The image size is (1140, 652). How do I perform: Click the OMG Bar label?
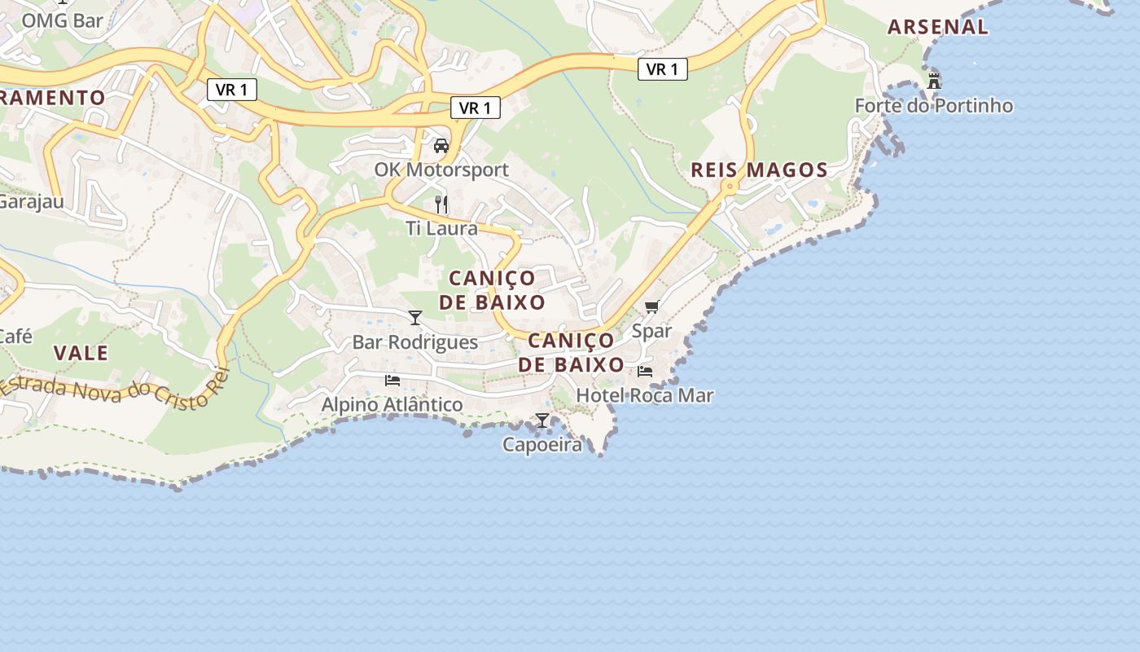(62, 20)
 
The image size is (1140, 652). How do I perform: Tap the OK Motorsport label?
(441, 170)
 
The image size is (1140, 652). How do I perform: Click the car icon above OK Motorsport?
(441, 146)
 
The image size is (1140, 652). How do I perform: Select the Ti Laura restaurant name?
(441, 228)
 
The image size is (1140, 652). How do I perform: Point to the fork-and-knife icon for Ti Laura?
(441, 204)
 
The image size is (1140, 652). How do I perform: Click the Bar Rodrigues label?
(415, 342)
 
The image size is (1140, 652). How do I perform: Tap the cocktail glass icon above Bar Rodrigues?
(415, 318)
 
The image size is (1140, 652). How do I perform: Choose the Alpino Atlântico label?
(392, 405)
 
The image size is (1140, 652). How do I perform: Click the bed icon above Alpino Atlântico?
(392, 381)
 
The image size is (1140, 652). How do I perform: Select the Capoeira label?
(542, 445)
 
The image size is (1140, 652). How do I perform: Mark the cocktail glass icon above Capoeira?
(542, 421)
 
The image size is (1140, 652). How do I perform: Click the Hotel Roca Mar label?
(645, 396)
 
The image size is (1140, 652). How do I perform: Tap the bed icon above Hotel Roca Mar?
(645, 372)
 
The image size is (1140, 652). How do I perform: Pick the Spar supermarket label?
(651, 332)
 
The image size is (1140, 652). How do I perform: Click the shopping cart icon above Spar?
(651, 307)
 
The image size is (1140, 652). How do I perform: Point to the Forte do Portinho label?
(934, 106)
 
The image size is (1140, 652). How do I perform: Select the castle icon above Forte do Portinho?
(934, 81)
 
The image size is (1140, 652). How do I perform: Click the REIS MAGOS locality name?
(759, 170)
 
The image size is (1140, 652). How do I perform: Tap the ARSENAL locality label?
(938, 27)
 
